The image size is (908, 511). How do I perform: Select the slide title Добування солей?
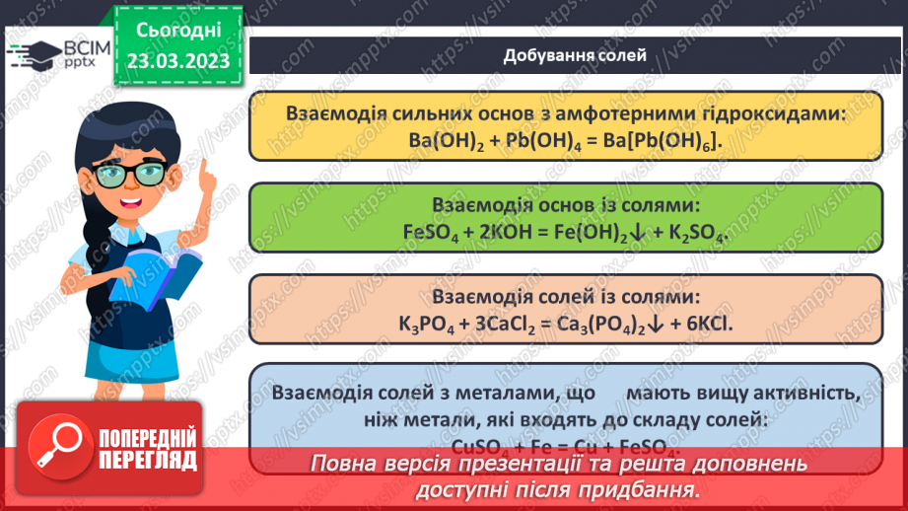(x=576, y=55)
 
